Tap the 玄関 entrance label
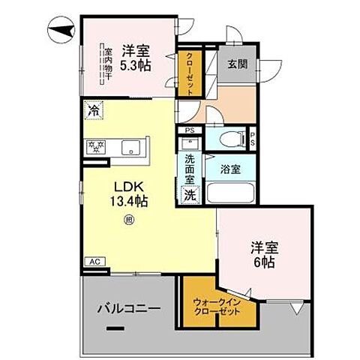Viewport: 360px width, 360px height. [238, 64]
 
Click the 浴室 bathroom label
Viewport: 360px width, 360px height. [231, 169]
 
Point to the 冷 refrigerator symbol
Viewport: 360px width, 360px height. [94, 111]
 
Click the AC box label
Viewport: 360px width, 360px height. [94, 261]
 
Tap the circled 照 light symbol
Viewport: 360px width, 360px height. [128, 220]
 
